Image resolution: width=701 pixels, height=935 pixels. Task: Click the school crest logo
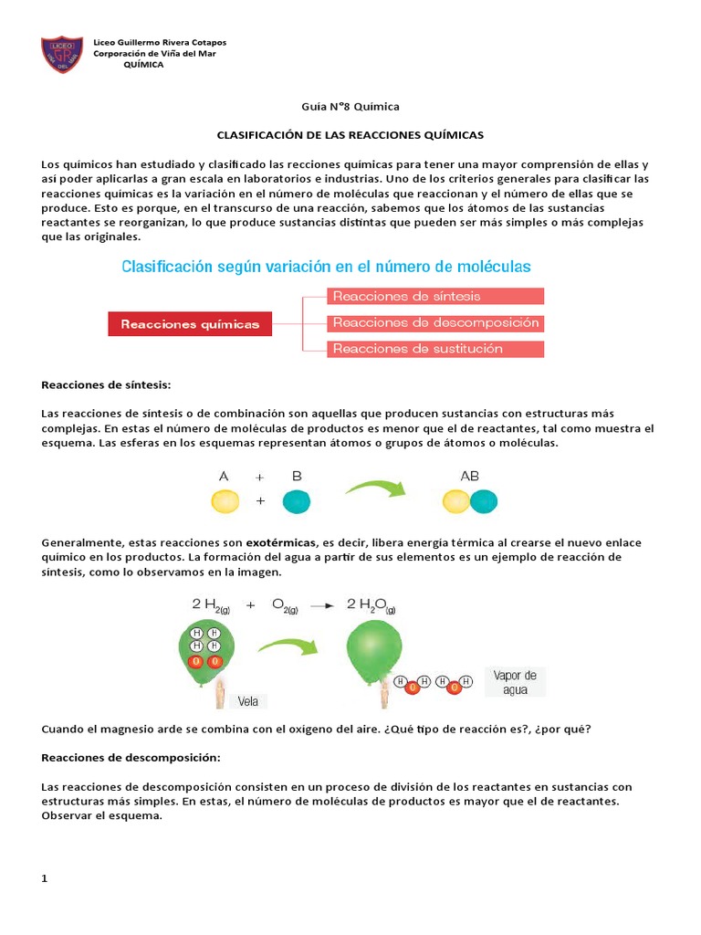click(63, 55)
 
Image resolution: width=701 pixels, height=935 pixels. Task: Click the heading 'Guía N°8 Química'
click(350, 106)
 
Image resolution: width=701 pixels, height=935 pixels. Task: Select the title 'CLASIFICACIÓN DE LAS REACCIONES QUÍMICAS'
click(350, 134)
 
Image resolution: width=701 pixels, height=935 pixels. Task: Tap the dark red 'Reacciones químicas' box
click(190, 323)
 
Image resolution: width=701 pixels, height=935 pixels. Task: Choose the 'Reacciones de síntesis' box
click(434, 296)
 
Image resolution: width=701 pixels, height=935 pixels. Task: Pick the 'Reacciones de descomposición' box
click(434, 322)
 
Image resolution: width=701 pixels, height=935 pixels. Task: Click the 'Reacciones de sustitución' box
click(434, 349)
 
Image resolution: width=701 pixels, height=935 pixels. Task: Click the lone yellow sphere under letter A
click(225, 500)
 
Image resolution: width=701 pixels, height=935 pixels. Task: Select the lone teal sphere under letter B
click(297, 500)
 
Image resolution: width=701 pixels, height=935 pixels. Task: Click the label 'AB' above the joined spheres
click(470, 476)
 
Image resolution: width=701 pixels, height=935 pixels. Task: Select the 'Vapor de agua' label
click(516, 682)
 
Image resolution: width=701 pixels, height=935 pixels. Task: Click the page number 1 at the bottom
click(45, 878)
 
